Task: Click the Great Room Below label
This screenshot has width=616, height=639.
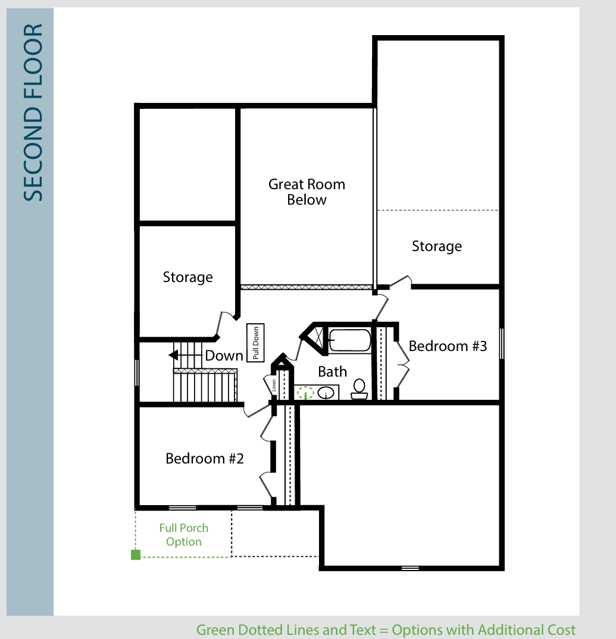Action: [307, 192]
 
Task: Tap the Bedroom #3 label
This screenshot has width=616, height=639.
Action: [448, 346]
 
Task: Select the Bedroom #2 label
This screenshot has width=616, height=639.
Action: [205, 459]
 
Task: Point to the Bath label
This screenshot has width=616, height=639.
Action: [332, 372]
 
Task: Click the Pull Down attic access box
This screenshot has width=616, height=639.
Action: [255, 343]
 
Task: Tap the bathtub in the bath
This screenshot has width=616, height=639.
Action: [350, 340]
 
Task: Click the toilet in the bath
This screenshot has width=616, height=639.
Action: [359, 389]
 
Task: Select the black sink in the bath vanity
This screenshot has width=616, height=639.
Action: [326, 393]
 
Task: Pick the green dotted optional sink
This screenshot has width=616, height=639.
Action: [305, 393]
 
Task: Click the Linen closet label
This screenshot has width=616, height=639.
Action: [274, 385]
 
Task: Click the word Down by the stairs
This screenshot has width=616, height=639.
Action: [224, 356]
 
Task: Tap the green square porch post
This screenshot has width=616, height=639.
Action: [136, 555]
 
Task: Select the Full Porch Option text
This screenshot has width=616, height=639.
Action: [184, 535]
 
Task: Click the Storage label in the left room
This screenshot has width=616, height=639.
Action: [187, 277]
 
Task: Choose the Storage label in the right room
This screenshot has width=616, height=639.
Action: [437, 246]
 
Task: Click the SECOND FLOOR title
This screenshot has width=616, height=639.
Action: [33, 112]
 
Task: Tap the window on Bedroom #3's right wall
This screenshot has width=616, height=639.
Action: [502, 343]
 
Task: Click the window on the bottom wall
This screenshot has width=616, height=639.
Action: [410, 568]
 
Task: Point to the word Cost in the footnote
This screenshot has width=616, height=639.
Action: [558, 629]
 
